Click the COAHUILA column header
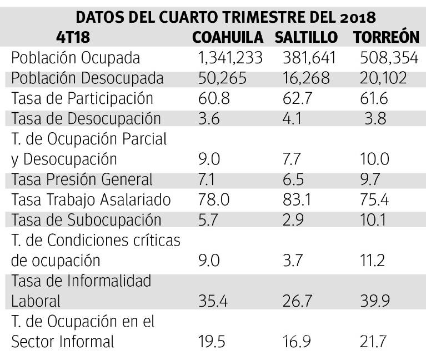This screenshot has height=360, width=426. tap(228, 37)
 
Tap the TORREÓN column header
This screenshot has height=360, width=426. tap(385, 37)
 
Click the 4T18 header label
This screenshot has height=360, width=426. tap(73, 37)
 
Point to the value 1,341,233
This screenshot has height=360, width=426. tap(230, 58)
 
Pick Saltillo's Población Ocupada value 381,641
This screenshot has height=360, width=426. tap(307, 58)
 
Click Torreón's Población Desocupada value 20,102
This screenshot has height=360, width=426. tap(383, 78)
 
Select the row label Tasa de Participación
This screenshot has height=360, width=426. tap(82, 98)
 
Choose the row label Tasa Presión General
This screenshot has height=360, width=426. tap(82, 179)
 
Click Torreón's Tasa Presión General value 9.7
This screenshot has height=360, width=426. tap(371, 179)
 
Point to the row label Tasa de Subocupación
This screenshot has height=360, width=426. tap(86, 220)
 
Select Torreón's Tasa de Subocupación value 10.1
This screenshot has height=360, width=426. tap(371, 220)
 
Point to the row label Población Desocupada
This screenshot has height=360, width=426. tap(87, 78)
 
